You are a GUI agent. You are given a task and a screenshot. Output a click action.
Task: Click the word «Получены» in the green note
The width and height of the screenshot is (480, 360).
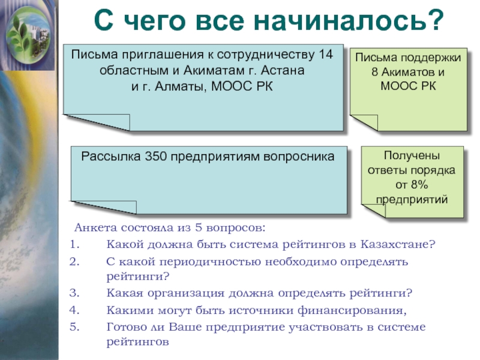[412, 157]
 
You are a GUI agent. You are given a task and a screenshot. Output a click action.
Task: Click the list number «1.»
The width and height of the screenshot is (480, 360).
[74, 244]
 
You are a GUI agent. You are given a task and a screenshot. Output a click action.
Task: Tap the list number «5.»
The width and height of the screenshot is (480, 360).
[74, 326]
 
